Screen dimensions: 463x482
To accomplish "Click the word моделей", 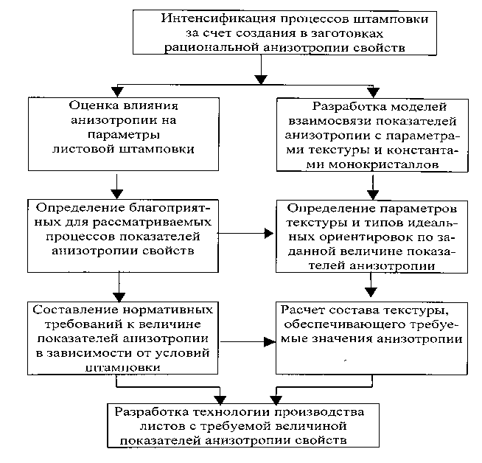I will tap(408, 106).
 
